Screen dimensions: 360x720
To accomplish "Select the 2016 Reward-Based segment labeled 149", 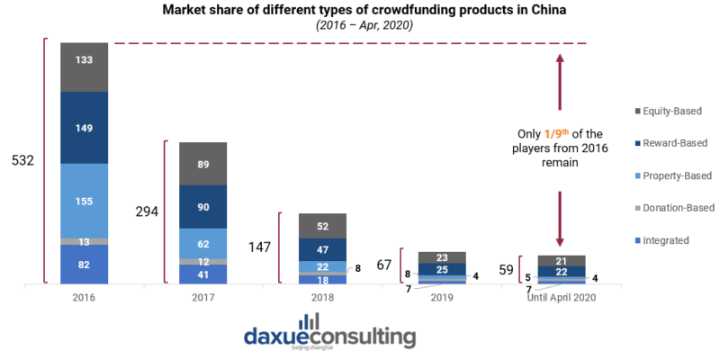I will pos(84,127).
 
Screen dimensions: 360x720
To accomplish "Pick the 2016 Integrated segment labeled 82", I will pos(84,265).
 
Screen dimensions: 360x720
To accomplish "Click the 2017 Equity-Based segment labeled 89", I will pos(202,163).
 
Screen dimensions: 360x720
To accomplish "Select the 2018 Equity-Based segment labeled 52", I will pos(322,226).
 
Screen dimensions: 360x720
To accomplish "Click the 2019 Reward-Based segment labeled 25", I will pos(441,269).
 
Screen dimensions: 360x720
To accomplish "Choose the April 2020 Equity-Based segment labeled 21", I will pos(561,261).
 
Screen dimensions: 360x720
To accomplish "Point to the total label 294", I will pos(145,212).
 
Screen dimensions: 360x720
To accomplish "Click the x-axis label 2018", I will pos(322,296).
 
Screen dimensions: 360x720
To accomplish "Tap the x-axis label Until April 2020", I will pos(561,296).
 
